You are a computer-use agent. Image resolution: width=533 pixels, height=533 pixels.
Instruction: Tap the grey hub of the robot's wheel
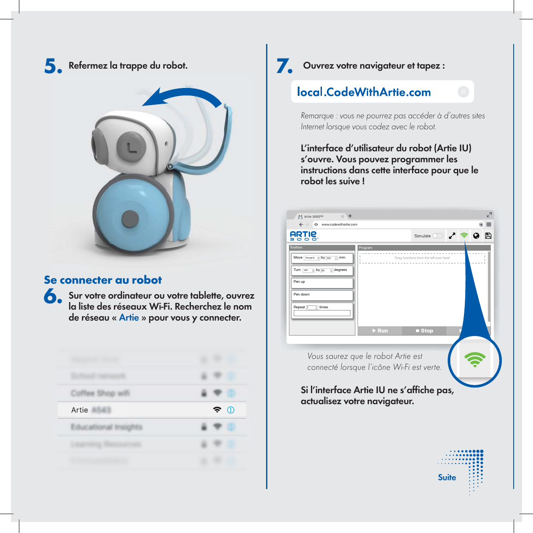click(130, 219)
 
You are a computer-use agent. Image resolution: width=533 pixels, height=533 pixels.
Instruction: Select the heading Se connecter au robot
click(103, 280)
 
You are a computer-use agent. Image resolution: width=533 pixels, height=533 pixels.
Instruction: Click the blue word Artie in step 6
click(129, 318)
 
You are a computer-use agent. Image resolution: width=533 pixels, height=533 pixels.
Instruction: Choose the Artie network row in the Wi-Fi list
click(152, 410)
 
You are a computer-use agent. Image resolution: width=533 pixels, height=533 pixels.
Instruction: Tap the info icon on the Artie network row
click(230, 410)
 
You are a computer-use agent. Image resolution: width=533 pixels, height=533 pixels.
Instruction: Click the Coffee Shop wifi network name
click(100, 393)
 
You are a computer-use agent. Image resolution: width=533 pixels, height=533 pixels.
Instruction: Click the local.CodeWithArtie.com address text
click(364, 92)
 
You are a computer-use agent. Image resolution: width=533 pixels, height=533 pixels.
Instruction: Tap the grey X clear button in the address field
click(463, 91)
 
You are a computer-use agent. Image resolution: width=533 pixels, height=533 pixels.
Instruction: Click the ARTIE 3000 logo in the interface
click(303, 236)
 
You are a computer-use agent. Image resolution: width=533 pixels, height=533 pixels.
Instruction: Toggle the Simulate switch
click(438, 236)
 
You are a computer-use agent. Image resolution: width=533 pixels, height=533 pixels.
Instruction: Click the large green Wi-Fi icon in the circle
click(475, 360)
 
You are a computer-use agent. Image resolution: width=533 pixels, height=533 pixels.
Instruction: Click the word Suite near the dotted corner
click(447, 478)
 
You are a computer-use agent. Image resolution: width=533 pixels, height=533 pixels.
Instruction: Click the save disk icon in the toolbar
click(488, 236)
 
